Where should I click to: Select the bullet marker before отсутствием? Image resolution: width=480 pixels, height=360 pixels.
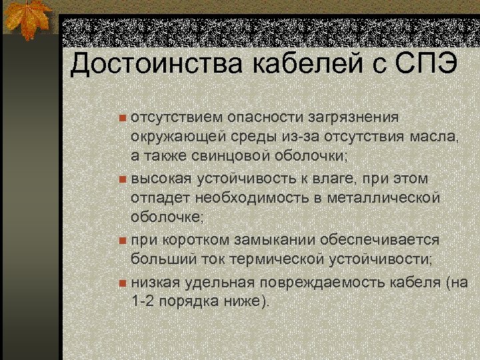(122, 119)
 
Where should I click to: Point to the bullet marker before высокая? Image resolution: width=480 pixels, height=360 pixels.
(122, 180)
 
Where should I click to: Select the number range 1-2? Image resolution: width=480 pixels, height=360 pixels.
(143, 301)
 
